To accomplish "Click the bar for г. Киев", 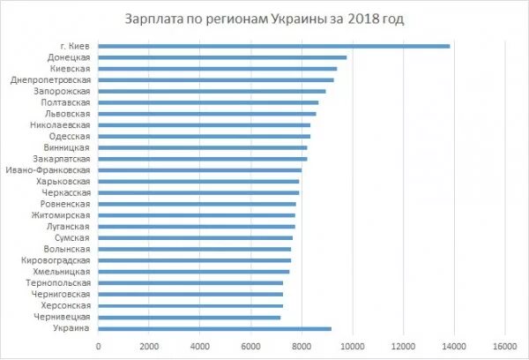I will pyautogui.click(x=273, y=46).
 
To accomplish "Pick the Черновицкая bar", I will pyautogui.click(x=190, y=317).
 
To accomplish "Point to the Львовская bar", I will pyautogui.click(x=207, y=114).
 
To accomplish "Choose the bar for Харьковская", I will pyautogui.click(x=198, y=182).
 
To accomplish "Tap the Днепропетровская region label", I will pyautogui.click(x=50, y=79).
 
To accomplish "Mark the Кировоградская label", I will pyautogui.click(x=56, y=260).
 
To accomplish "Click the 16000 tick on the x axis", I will pyautogui.click(x=504, y=345).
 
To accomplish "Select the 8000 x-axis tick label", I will pyautogui.click(x=302, y=345).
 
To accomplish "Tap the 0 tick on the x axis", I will pyautogui.click(x=99, y=345).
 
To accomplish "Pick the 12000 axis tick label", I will pyautogui.click(x=403, y=345).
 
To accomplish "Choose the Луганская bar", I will pyautogui.click(x=197, y=227).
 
